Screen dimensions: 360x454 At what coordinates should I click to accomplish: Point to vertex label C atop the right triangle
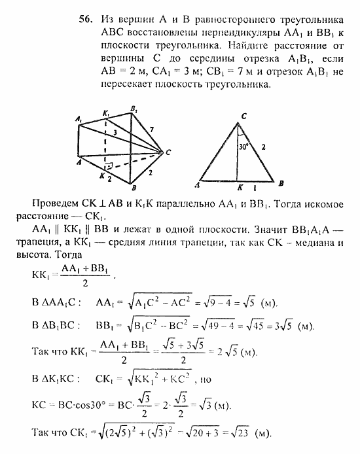click(x=243, y=116)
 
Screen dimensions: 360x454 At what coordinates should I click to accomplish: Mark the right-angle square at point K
click(x=109, y=166)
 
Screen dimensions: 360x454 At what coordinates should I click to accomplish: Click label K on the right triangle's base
click(x=242, y=186)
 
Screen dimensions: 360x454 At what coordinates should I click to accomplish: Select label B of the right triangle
click(x=281, y=184)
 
